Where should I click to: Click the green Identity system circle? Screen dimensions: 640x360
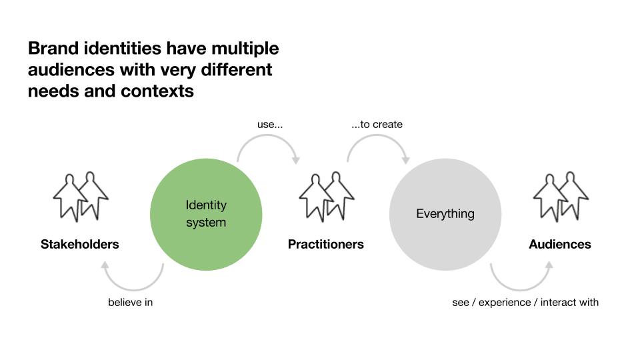(x=206, y=214)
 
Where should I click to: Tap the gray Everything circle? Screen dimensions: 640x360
(x=445, y=214)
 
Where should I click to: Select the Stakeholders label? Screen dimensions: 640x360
(x=80, y=244)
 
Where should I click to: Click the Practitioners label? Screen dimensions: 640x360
(x=326, y=244)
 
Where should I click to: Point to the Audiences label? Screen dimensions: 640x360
(x=560, y=244)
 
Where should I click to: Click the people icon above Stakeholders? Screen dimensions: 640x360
(x=81, y=197)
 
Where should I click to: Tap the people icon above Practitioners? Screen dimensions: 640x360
(x=327, y=197)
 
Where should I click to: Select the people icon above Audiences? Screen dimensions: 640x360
(x=561, y=197)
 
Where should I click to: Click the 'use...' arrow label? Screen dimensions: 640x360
(x=270, y=124)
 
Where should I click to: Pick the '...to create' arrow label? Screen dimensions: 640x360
(x=377, y=124)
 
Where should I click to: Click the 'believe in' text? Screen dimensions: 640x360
(x=131, y=302)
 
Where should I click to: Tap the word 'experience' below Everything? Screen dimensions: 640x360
(x=505, y=302)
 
